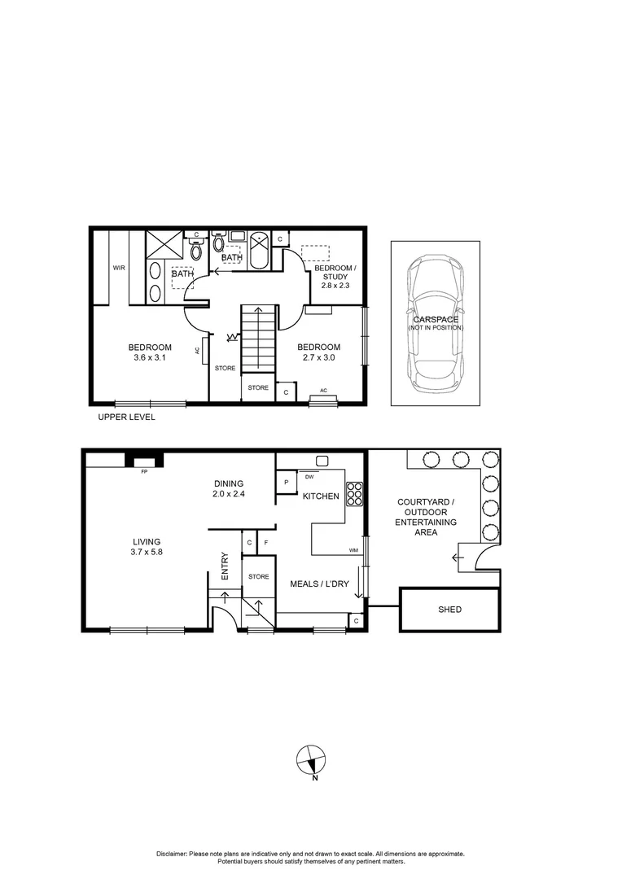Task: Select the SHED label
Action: click(449, 610)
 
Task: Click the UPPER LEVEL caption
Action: click(126, 418)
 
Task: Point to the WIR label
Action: click(119, 267)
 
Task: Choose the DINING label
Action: click(229, 482)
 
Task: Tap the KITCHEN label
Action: click(321, 496)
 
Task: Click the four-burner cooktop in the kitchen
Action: click(355, 494)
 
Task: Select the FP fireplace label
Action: click(144, 471)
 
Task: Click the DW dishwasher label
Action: click(311, 476)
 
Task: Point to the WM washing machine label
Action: click(353, 551)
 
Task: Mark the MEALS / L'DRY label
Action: click(320, 584)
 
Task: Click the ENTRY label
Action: click(225, 566)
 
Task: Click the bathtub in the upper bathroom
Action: click(258, 251)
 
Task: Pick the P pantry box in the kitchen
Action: click(287, 482)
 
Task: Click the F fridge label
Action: click(266, 542)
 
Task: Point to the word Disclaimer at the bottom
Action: click(172, 854)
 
